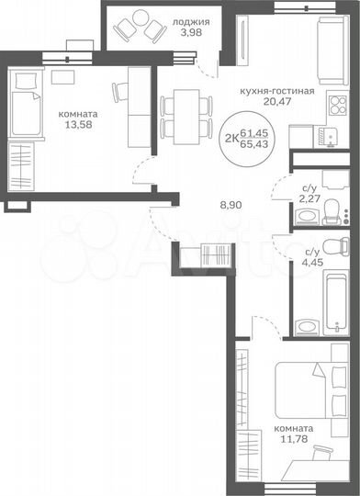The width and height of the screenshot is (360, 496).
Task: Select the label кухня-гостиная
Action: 276,92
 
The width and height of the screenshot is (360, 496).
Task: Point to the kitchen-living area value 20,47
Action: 276,104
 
